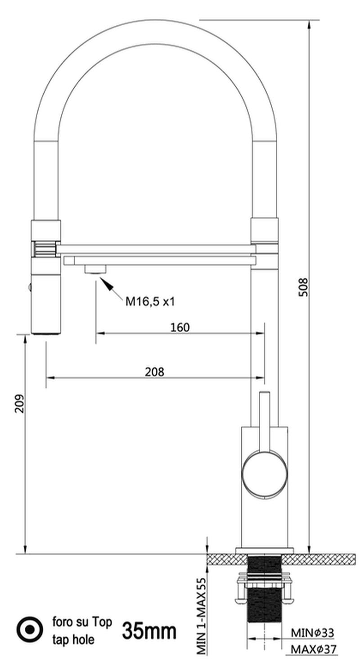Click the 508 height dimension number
[303, 287]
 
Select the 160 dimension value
[180, 327]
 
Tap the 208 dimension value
[154, 372]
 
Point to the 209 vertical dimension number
[20, 404]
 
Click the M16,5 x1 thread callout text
[150, 302]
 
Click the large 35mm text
[149, 631]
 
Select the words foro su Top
[82, 622]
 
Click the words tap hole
[73, 639]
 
